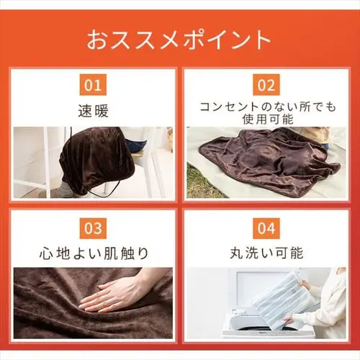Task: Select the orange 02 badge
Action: click(266, 86)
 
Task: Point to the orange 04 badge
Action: click(266, 228)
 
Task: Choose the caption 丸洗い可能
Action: click(266, 253)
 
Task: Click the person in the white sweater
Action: click(331, 302)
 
